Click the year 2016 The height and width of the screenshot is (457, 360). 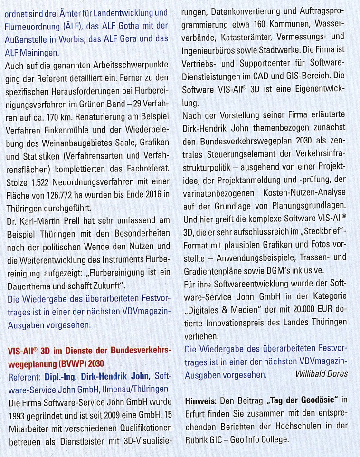pyautogui.click(x=149, y=195)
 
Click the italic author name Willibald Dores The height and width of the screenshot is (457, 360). pyautogui.click(x=322, y=374)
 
